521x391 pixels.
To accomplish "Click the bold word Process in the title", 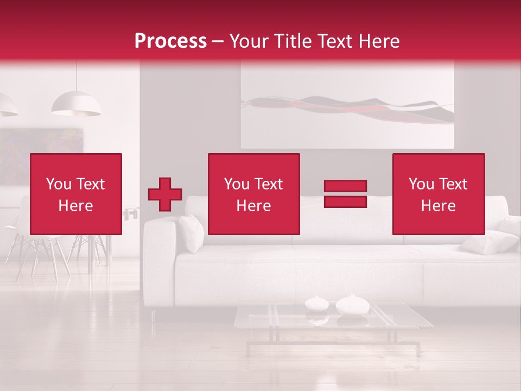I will coord(170,41).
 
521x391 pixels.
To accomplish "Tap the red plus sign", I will coord(165,194).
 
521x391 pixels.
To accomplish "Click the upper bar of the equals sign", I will coord(345,186).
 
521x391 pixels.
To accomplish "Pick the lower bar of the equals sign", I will coord(345,201).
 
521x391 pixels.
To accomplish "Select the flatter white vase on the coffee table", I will coord(316,303).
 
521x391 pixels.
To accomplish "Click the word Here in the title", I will coord(377,41).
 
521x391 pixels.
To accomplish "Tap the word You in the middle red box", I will coord(237,184).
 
